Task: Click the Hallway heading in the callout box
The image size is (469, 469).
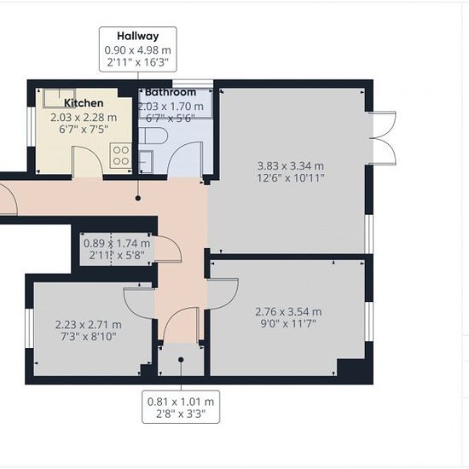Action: (x=138, y=36)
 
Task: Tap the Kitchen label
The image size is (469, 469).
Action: (x=84, y=103)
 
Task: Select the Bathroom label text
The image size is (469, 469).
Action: (x=171, y=92)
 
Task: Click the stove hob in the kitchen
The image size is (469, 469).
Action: (x=121, y=155)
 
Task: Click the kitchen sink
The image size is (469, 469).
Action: (x=59, y=98)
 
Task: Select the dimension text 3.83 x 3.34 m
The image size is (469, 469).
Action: (x=291, y=165)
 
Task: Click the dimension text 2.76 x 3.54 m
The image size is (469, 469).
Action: (x=288, y=312)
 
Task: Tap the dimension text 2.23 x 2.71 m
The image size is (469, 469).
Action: (x=88, y=325)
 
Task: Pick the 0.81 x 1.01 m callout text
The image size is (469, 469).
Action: (x=181, y=402)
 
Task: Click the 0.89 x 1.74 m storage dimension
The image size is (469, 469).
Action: (x=117, y=244)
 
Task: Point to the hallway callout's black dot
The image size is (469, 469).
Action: (x=138, y=198)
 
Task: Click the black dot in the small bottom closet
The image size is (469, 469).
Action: (x=181, y=360)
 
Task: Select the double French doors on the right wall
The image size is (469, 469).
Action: (x=384, y=138)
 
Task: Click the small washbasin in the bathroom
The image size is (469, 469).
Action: (x=146, y=162)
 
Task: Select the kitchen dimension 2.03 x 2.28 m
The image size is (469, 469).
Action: (x=84, y=118)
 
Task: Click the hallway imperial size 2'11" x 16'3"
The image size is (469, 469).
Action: (x=138, y=62)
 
